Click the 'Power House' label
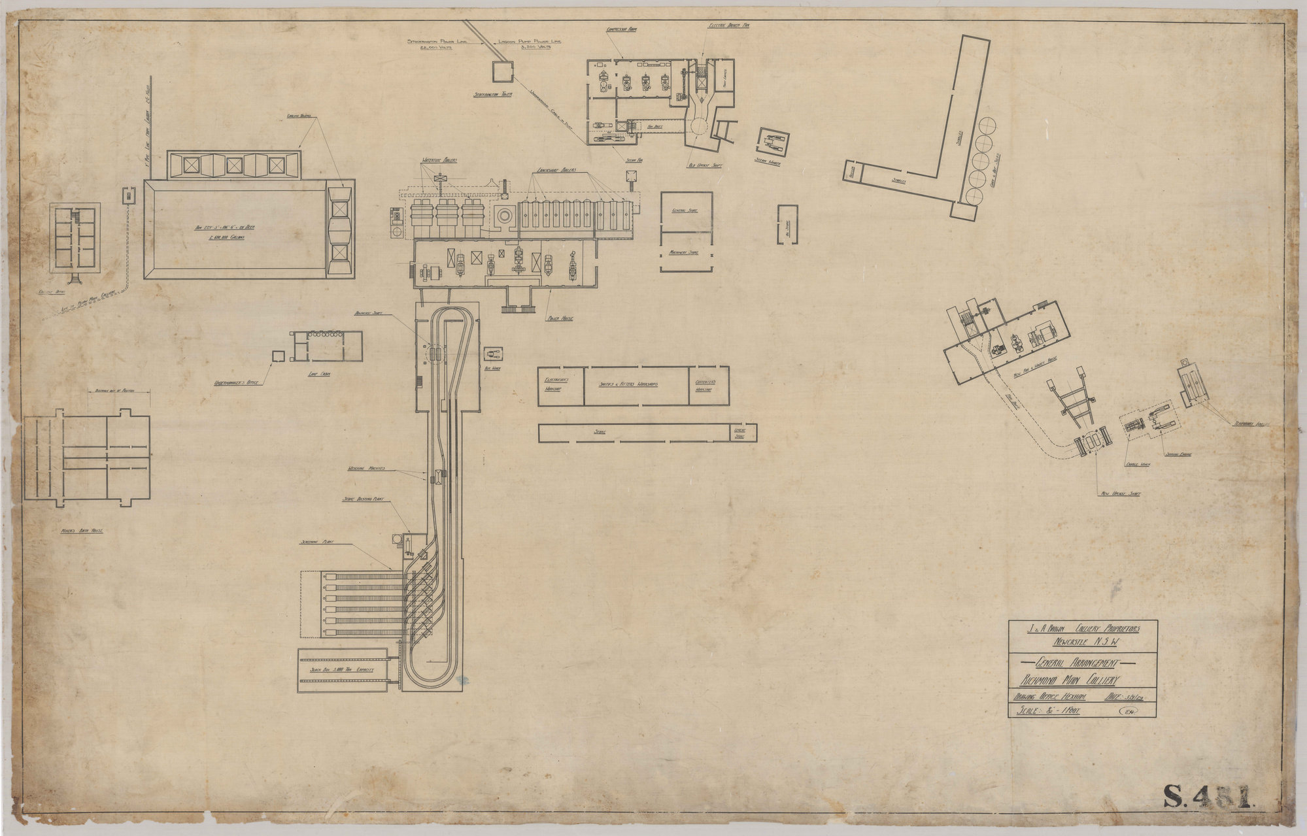(560, 318)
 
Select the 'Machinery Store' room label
(685, 252)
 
